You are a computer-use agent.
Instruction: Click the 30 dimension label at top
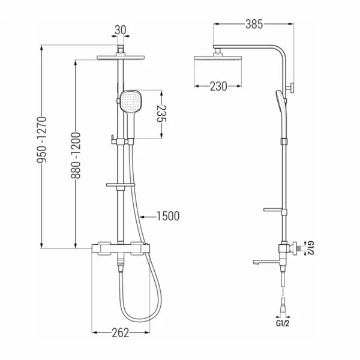(x=121, y=30)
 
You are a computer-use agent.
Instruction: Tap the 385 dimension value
(x=254, y=24)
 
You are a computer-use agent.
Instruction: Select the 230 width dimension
(x=218, y=86)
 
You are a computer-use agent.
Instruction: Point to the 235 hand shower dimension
(x=161, y=113)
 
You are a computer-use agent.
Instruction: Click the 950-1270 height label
(x=42, y=140)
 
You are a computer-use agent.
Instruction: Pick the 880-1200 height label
(x=76, y=155)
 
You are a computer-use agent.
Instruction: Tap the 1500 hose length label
(x=168, y=216)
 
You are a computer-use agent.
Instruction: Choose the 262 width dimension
(x=121, y=332)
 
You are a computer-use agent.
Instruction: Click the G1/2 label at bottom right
(x=283, y=323)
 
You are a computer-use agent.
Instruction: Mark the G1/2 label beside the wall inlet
(x=311, y=248)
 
